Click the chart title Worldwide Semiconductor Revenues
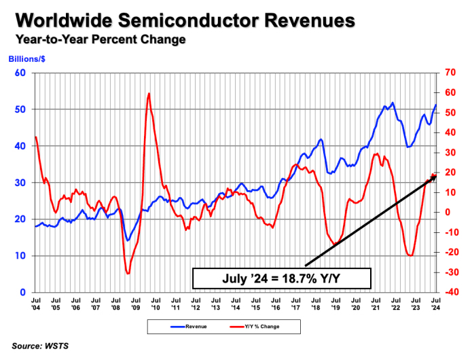[183, 20]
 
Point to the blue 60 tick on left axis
[21, 73]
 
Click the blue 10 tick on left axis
[21, 256]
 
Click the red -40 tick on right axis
[450, 292]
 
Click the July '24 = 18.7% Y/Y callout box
[281, 278]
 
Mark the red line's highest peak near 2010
[149, 94]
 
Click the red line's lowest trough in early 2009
[128, 273]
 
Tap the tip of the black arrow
[435, 175]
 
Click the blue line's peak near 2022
[393, 103]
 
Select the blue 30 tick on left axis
[21, 183]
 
